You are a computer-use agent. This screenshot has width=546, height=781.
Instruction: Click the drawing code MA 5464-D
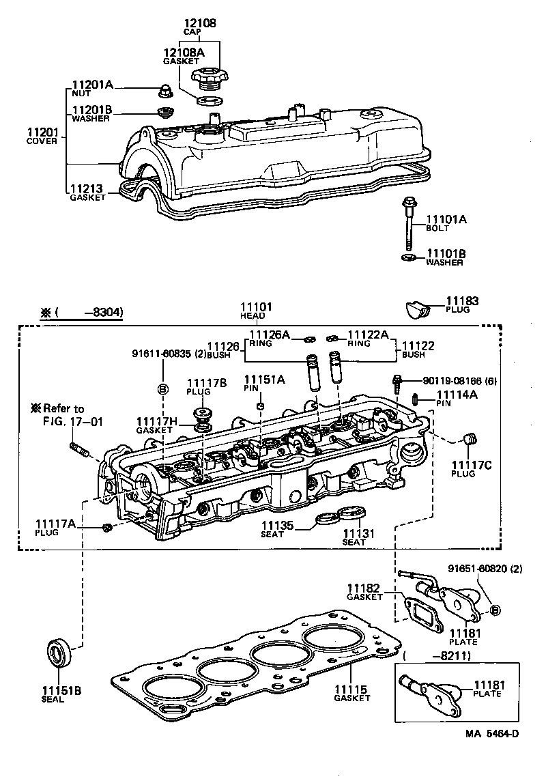[492, 734]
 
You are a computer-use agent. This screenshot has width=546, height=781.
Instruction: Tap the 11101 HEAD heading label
[257, 311]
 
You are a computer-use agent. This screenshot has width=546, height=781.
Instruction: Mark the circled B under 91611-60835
[162, 389]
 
